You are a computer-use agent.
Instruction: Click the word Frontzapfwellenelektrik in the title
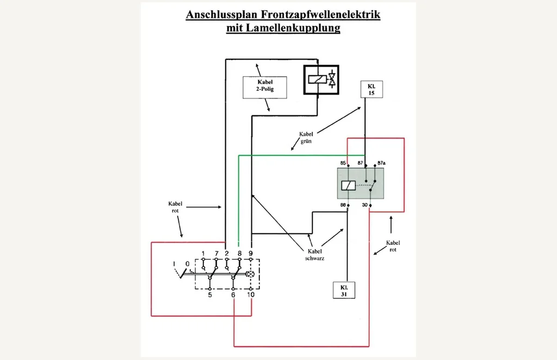click(x=320, y=15)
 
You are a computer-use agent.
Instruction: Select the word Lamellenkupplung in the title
click(x=292, y=28)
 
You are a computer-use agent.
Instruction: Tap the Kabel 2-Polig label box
click(x=265, y=88)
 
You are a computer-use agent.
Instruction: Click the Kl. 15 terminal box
click(x=372, y=90)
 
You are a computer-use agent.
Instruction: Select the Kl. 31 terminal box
click(x=344, y=290)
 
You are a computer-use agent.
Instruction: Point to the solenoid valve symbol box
click(x=321, y=79)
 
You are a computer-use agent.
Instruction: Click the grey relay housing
click(x=361, y=183)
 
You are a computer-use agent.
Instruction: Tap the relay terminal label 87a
click(x=381, y=163)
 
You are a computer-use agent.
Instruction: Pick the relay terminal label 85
click(x=343, y=163)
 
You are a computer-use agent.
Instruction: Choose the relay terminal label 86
click(x=343, y=205)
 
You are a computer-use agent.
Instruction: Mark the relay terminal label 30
click(x=365, y=205)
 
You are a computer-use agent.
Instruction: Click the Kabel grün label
click(x=306, y=138)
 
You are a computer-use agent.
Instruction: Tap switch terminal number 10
click(x=251, y=295)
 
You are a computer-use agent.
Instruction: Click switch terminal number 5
click(x=210, y=295)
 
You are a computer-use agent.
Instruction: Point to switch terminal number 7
click(x=216, y=253)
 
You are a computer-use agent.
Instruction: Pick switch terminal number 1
click(x=203, y=253)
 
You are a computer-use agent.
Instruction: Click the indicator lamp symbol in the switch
click(x=250, y=274)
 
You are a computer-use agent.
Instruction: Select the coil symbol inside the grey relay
click(x=348, y=185)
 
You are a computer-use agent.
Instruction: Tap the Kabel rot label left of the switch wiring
click(x=175, y=207)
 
